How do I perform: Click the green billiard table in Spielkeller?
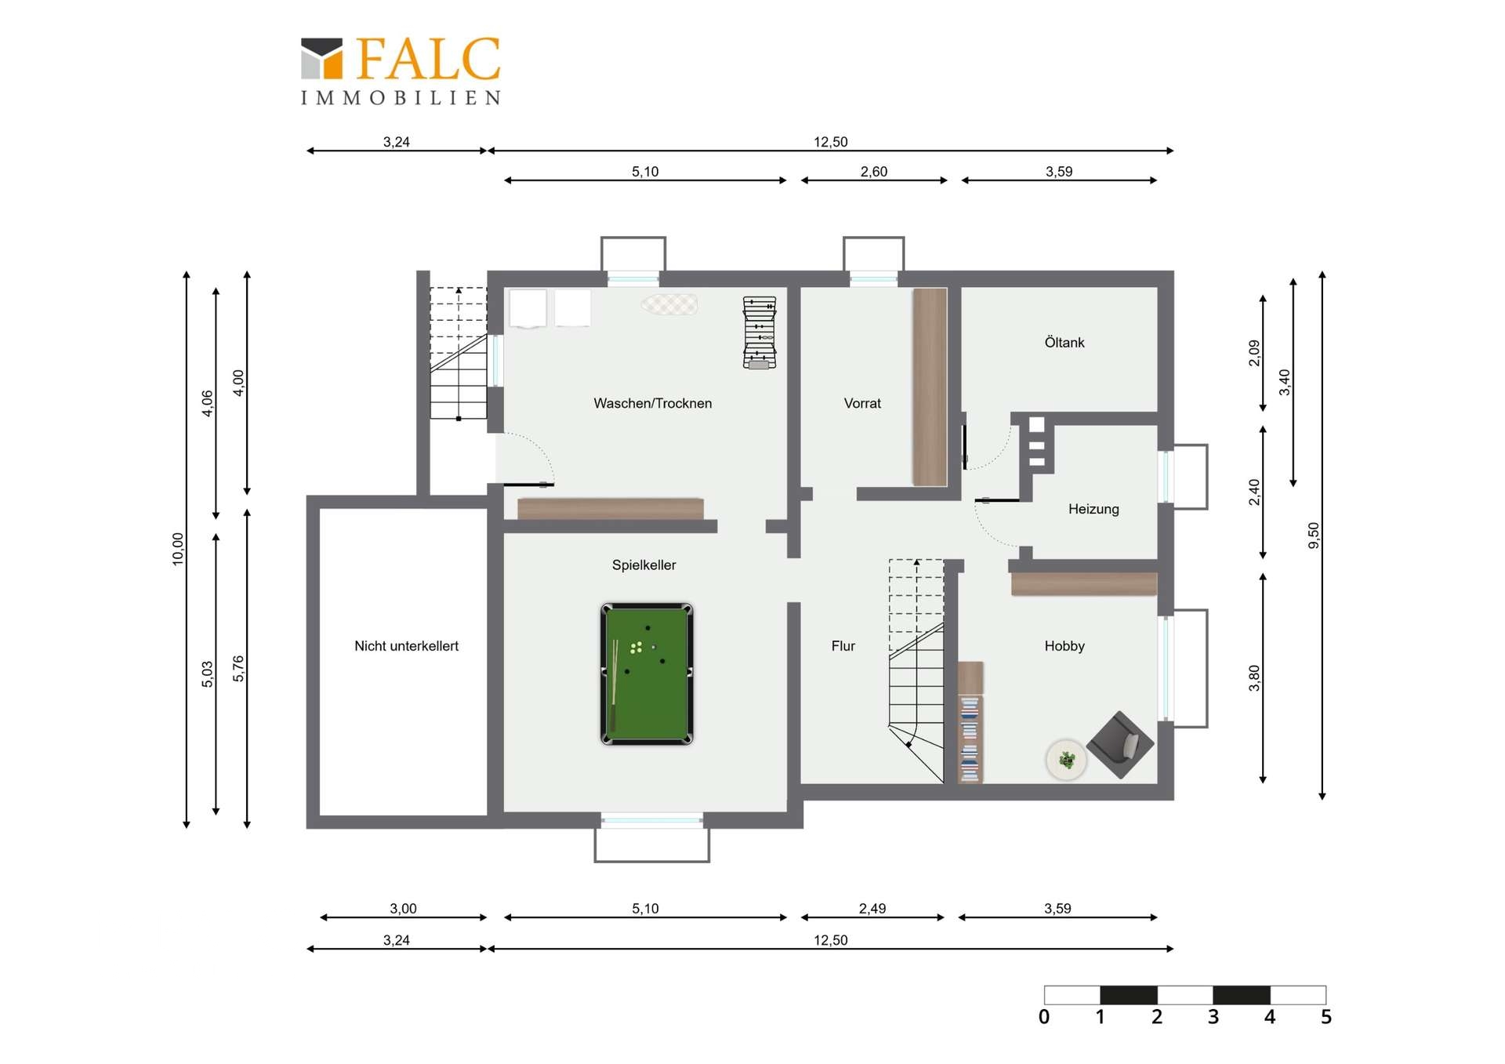(647, 674)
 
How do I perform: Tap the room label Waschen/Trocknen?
(653, 403)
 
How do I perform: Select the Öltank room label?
(1064, 342)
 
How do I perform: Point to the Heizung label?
(1093, 509)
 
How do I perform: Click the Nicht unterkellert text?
(406, 646)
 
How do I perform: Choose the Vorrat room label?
(862, 403)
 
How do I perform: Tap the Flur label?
(843, 646)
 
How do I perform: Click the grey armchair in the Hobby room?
(1119, 745)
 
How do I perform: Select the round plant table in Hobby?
(1066, 760)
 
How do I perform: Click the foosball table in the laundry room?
(760, 332)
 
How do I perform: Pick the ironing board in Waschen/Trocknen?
(669, 304)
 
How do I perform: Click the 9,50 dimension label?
(1314, 536)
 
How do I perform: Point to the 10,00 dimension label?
(178, 549)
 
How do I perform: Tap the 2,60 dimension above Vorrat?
(874, 172)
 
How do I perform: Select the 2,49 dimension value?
(872, 909)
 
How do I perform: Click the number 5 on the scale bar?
(1325, 1017)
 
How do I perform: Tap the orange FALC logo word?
(428, 59)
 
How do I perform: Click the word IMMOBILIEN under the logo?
(401, 98)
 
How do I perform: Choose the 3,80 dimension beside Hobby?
(1254, 678)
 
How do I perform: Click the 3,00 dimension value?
(404, 909)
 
